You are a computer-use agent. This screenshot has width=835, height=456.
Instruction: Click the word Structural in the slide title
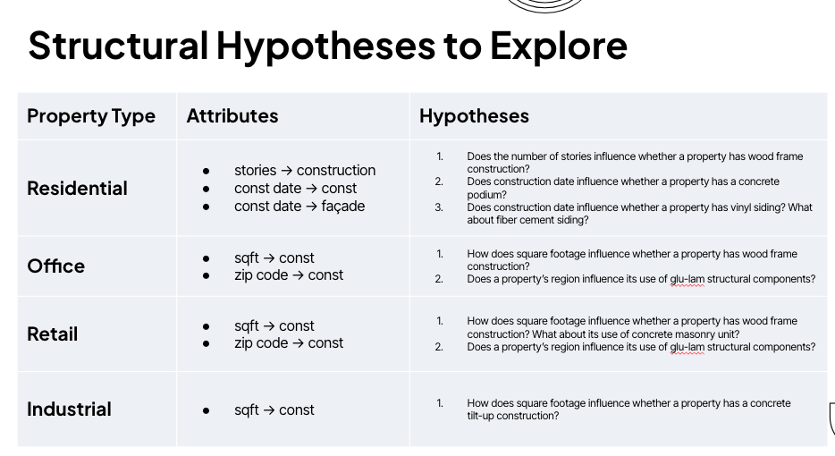pyautogui.click(x=118, y=46)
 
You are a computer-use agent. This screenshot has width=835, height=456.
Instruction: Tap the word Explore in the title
pyautogui.click(x=559, y=46)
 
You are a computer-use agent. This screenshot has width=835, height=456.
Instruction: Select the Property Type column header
pyautogui.click(x=91, y=116)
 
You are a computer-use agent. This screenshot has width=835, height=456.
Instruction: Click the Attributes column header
pyautogui.click(x=232, y=116)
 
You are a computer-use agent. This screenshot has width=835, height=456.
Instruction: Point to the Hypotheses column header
pyautogui.click(x=474, y=116)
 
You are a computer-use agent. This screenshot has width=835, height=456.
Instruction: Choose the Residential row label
pyautogui.click(x=77, y=188)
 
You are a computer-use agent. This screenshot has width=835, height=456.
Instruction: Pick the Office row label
pyautogui.click(x=56, y=266)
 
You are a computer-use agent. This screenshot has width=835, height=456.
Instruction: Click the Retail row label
pyautogui.click(x=52, y=334)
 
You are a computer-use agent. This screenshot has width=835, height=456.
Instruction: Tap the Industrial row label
pyautogui.click(x=69, y=410)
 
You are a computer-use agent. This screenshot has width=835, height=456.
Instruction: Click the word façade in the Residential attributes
pyautogui.click(x=343, y=207)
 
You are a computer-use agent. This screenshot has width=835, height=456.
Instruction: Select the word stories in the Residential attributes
pyautogui.click(x=255, y=171)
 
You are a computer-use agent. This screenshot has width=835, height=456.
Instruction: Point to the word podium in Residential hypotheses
pyautogui.click(x=486, y=195)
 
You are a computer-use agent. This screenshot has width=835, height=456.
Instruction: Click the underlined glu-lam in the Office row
pyautogui.click(x=687, y=279)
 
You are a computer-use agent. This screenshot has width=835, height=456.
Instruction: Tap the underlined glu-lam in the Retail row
pyautogui.click(x=687, y=347)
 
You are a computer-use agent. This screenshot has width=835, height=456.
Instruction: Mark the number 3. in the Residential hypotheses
pyautogui.click(x=439, y=207)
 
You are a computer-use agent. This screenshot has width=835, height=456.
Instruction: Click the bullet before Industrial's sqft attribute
pyautogui.click(x=207, y=410)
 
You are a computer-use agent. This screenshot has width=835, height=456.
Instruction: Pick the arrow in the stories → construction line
pyautogui.click(x=286, y=171)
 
